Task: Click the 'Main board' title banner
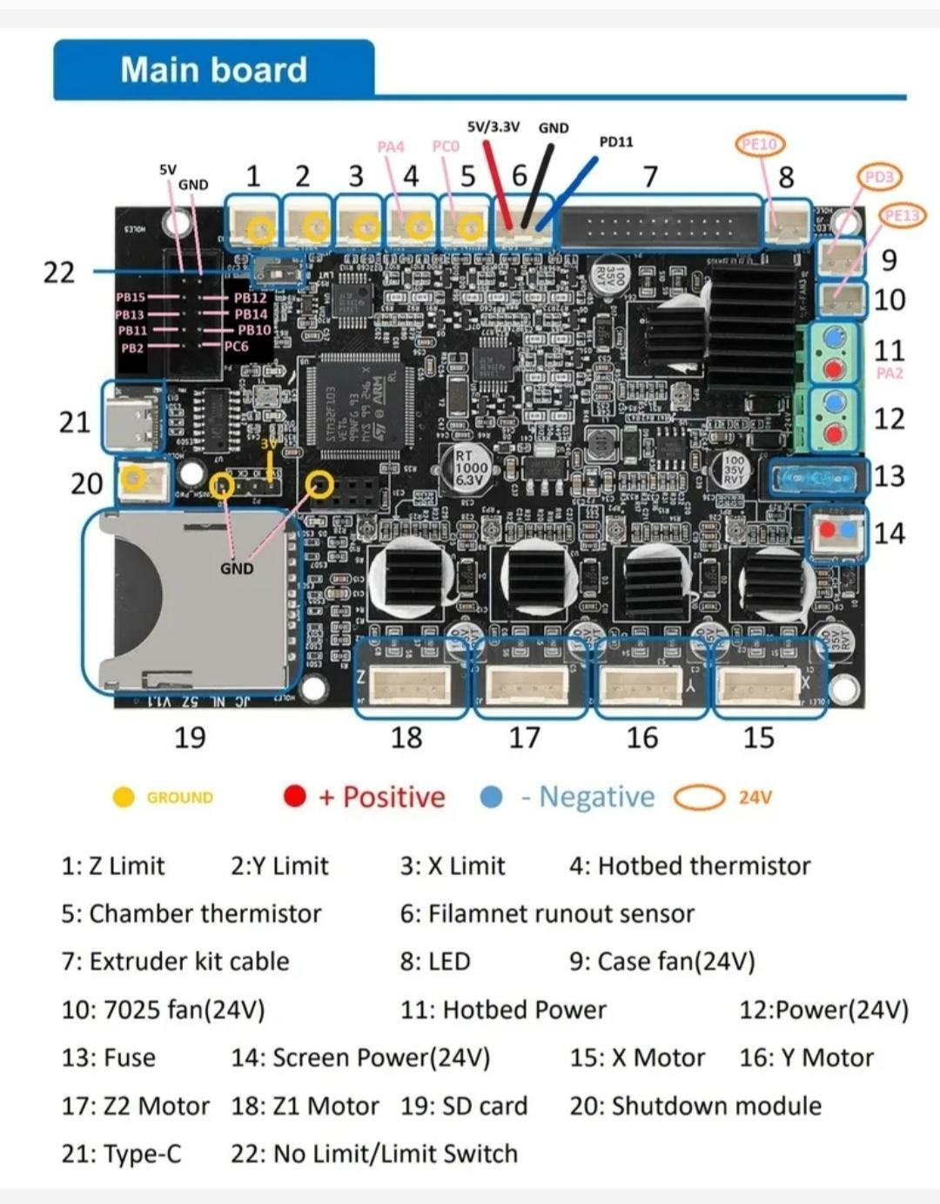[x=214, y=70]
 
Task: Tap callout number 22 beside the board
[x=58, y=272]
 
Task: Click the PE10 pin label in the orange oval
[x=760, y=144]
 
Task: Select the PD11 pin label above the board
[x=616, y=141]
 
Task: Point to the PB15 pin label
[x=131, y=297]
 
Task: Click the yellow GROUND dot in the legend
[x=124, y=797]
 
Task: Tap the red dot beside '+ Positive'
[x=295, y=797]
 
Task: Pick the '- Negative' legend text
[x=587, y=797]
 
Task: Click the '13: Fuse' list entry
[x=109, y=1058]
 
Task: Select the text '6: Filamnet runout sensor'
[x=547, y=914]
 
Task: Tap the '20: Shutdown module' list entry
[x=695, y=1106]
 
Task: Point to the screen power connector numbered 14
[x=839, y=532]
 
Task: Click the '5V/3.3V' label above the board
[x=493, y=126]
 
